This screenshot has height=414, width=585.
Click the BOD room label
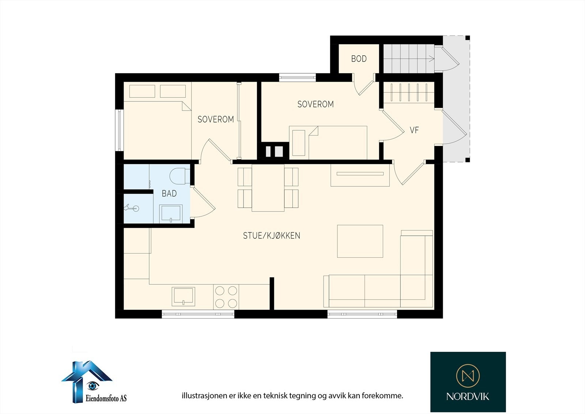[359, 59]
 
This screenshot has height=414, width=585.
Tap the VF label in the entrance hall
[414, 130]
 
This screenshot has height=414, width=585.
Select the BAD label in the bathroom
[169, 193]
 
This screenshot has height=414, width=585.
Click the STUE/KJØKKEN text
[272, 236]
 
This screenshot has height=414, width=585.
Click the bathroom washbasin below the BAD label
[171, 213]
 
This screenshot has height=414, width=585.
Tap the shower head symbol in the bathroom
[132, 208]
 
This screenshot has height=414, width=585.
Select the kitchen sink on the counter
[183, 296]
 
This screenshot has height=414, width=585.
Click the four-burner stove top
[226, 297]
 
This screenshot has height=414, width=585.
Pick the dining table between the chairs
[268, 188]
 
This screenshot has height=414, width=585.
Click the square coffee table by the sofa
[360, 241]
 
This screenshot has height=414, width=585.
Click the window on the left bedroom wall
[120, 130]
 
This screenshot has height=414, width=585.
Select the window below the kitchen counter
[198, 314]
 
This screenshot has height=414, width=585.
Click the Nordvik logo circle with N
[468, 376]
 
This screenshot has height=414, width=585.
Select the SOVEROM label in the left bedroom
[215, 119]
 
